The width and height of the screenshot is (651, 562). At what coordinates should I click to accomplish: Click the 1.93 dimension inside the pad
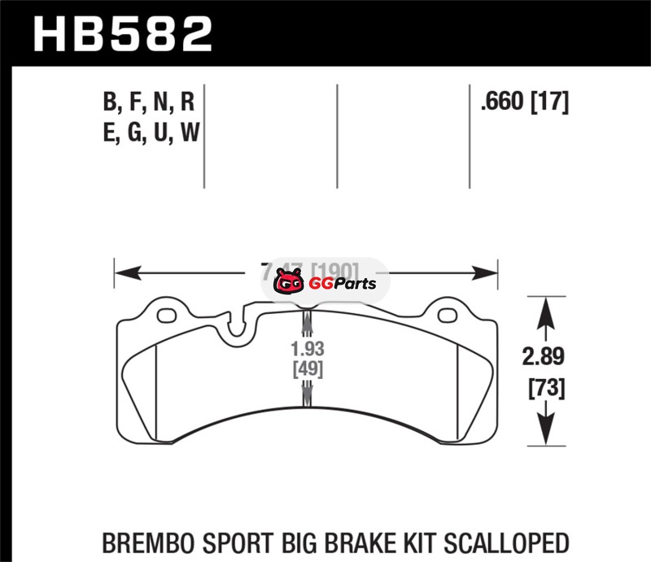coord(307,349)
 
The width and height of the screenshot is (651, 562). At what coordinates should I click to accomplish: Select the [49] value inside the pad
coord(307,369)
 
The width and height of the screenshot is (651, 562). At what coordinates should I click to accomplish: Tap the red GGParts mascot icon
coord(287,284)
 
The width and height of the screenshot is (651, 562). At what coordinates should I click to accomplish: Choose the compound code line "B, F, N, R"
coord(149,102)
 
